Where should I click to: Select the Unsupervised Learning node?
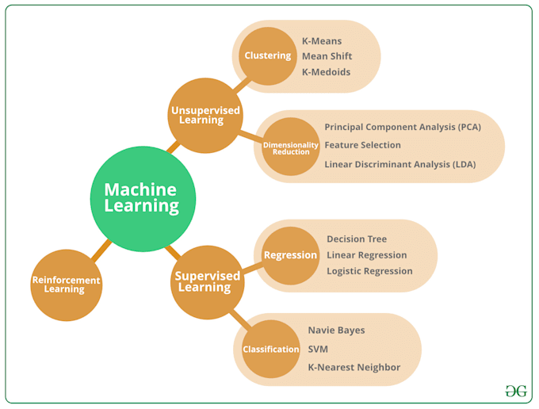point(206,116)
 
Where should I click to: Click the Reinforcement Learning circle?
point(66,285)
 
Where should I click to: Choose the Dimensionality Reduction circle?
point(291,147)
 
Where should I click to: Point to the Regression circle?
point(290,255)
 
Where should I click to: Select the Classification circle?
point(270,349)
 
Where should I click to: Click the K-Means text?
point(321,40)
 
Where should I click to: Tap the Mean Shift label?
point(327,56)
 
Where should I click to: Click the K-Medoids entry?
point(326,72)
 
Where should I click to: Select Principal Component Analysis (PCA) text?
point(403,127)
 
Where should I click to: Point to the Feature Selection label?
point(362,145)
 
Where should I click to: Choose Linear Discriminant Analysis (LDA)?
point(400,164)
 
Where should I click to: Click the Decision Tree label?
point(357,239)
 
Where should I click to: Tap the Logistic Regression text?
point(369,271)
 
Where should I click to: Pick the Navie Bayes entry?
point(336,330)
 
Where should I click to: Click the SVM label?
point(318,349)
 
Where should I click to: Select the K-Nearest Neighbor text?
point(354,368)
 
